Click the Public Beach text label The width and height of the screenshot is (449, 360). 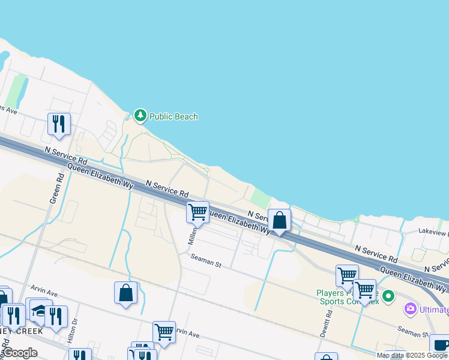(173, 116)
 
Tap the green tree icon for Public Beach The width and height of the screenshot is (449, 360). (140, 115)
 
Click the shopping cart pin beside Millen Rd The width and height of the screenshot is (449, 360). (197, 212)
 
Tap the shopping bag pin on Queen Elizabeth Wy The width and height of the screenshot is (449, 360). (280, 220)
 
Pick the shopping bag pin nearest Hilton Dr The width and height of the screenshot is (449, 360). (126, 293)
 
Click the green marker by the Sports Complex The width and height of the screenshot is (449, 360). (388, 295)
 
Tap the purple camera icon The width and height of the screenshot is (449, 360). (411, 309)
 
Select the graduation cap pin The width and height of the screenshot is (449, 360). (38, 310)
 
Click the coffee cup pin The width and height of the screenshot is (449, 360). (440, 345)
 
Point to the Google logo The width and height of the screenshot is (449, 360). (19, 353)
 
